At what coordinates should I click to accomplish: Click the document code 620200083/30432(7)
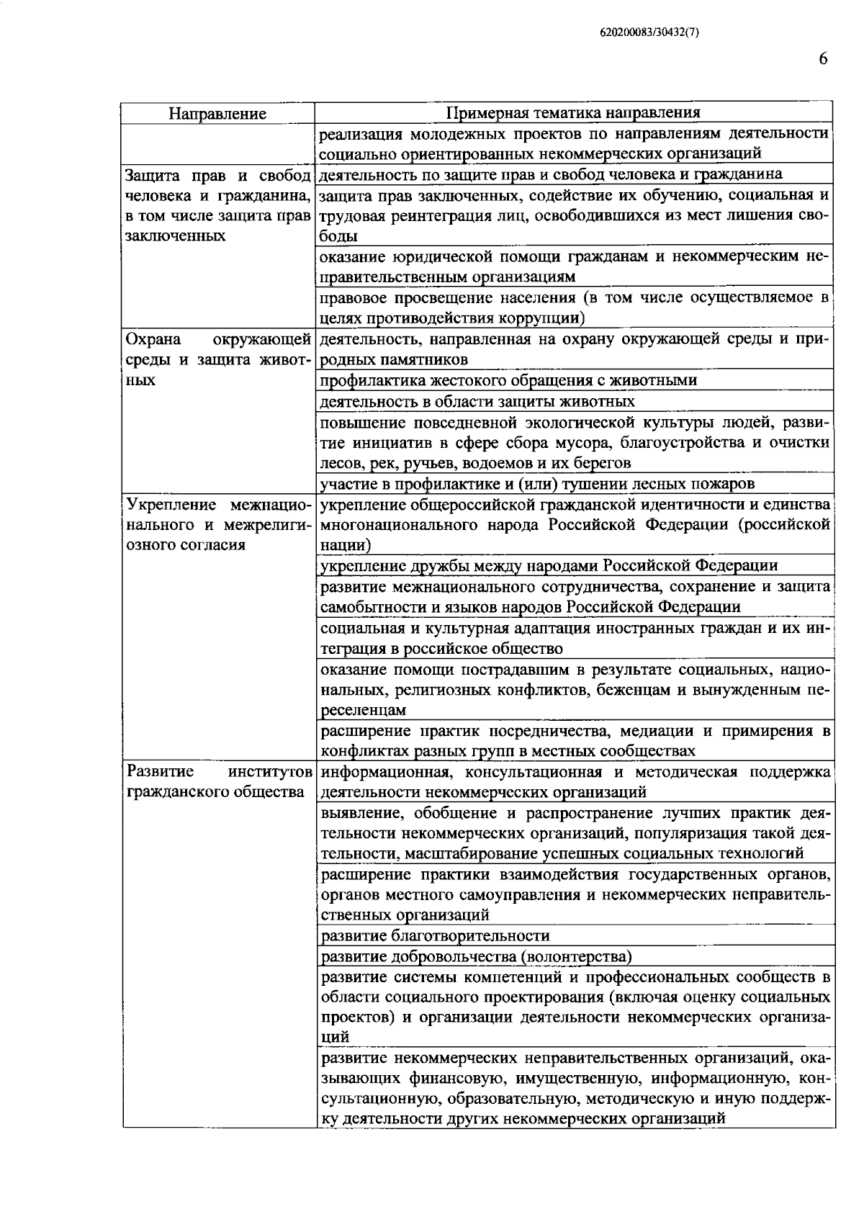(649, 32)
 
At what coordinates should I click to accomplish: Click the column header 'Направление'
(217, 114)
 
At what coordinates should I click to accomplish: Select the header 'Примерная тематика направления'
(573, 113)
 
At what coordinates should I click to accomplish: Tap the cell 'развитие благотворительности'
(435, 936)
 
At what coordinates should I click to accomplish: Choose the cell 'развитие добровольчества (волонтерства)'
(476, 957)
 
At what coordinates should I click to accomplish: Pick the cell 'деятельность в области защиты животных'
(477, 401)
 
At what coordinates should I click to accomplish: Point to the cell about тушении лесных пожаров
(537, 483)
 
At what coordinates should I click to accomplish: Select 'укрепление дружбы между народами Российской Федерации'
(549, 566)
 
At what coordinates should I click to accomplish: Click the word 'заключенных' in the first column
(175, 236)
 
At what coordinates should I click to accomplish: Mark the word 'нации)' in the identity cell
(346, 545)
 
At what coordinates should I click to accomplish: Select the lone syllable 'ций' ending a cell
(336, 1038)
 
